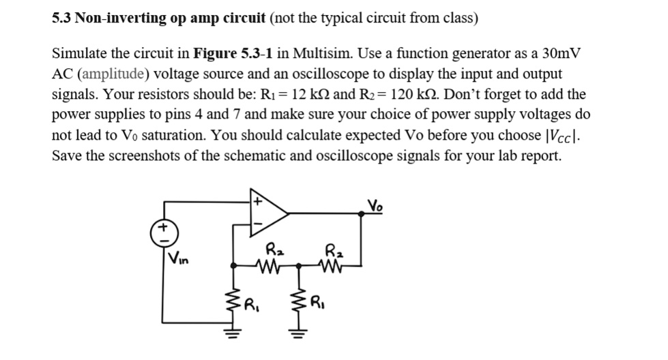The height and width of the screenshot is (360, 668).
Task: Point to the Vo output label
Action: [x=375, y=204]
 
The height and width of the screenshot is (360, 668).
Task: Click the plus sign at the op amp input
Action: [x=258, y=202]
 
